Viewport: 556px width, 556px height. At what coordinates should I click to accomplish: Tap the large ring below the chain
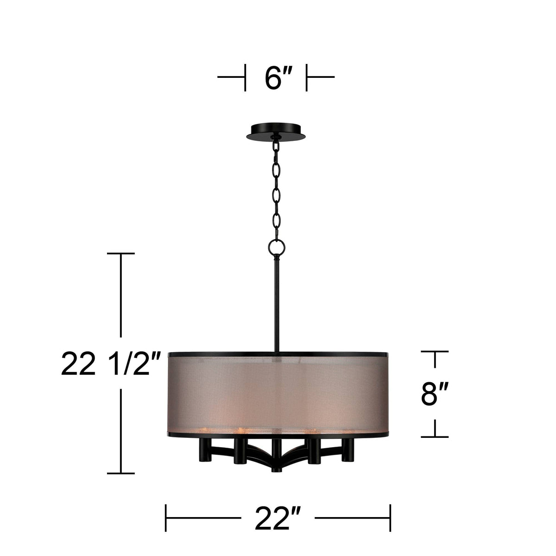(x=277, y=247)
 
